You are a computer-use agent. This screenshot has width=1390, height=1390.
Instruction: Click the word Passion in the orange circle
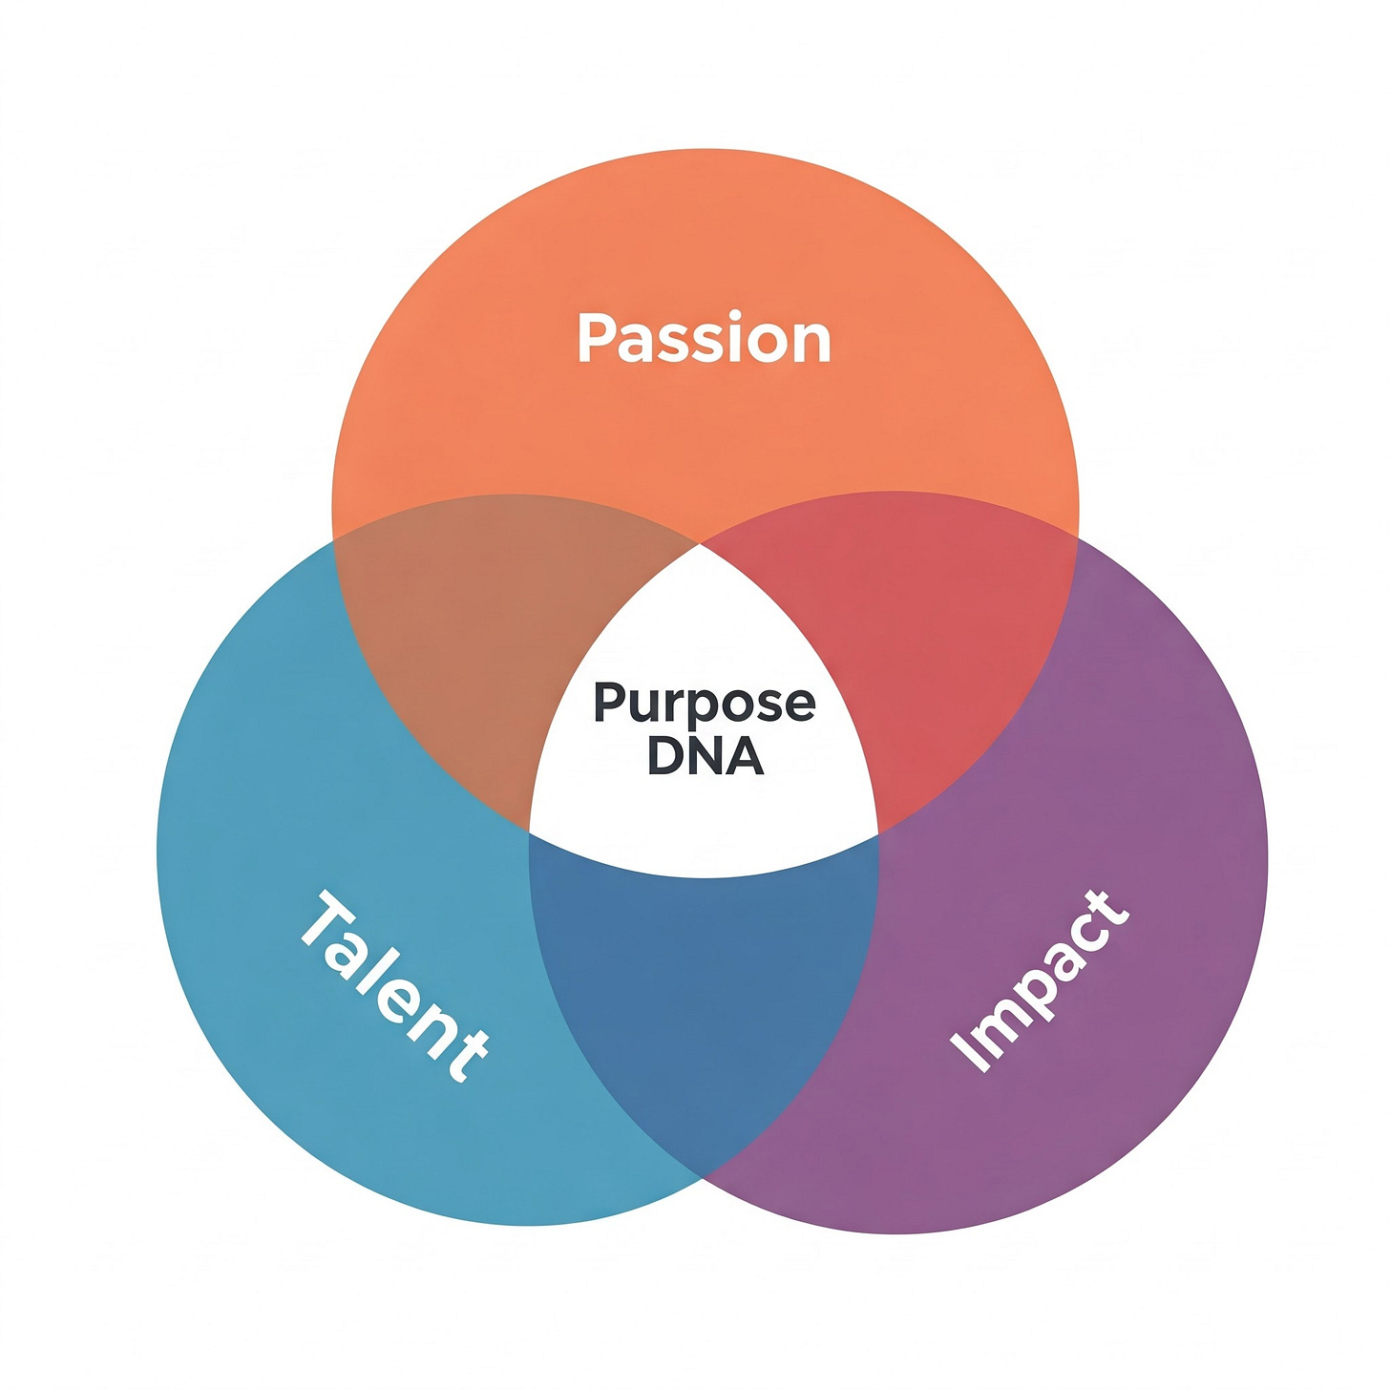705,339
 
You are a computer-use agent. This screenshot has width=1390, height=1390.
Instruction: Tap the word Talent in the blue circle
394,987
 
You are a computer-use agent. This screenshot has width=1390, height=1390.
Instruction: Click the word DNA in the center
705,755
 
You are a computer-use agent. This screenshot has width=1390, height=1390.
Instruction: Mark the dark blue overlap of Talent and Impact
705,993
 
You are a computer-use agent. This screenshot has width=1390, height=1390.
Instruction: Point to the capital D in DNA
664,755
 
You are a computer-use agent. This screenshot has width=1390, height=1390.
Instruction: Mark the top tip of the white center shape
702,546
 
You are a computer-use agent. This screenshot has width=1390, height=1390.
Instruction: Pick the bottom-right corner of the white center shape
877,833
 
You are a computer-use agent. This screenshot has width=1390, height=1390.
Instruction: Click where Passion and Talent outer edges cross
334,540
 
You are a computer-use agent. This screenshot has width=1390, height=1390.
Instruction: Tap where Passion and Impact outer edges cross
1077,538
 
